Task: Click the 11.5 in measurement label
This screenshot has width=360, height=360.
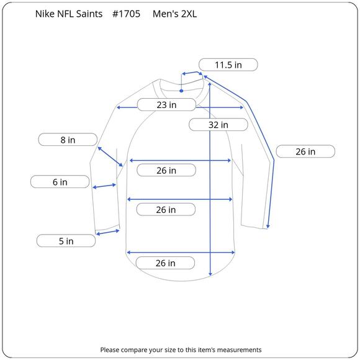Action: pyautogui.click(x=228, y=65)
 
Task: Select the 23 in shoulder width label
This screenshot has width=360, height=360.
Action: pyautogui.click(x=166, y=105)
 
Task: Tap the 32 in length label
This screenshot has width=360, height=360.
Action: pyautogui.click(x=218, y=125)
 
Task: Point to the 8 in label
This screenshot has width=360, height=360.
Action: pyautogui.click(x=68, y=140)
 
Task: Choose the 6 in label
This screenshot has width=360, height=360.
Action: pyautogui.click(x=60, y=182)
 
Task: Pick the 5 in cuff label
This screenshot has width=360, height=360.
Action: pyautogui.click(x=66, y=241)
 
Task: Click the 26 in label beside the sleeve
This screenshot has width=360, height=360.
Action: pyautogui.click(x=305, y=151)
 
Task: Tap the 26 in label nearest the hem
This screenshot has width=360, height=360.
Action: pyautogui.click(x=165, y=263)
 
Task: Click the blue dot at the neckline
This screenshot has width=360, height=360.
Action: pyautogui.click(x=181, y=91)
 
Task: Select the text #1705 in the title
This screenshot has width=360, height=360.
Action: pyautogui.click(x=126, y=14)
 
